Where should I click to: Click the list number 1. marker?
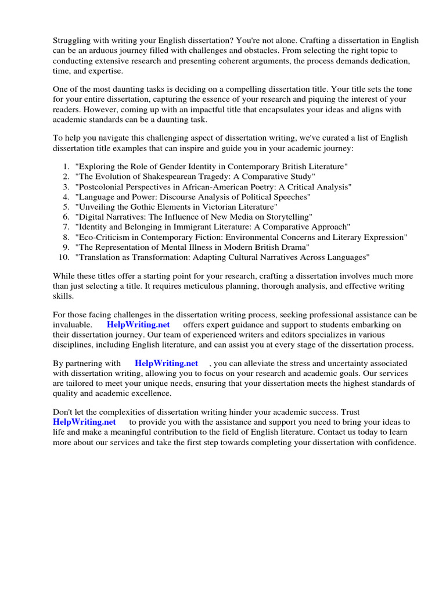tap(66, 166)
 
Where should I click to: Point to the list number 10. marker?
tap(64, 257)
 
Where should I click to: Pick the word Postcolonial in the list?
tap(100, 187)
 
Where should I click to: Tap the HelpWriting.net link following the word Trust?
tap(84, 422)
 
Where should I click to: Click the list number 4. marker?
tap(66, 196)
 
